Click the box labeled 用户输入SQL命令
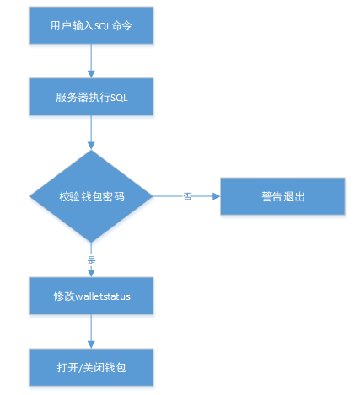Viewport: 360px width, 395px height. pyautogui.click(x=91, y=25)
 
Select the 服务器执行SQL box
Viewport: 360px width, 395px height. pyautogui.click(x=91, y=97)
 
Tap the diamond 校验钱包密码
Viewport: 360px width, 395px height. pyautogui.click(x=91, y=196)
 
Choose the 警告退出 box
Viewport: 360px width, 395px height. pyautogui.click(x=282, y=196)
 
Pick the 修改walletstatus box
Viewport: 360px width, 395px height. pyautogui.click(x=91, y=296)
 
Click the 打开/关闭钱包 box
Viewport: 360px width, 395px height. pyautogui.click(x=91, y=367)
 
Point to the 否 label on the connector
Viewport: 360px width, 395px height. pyautogui.click(x=187, y=196)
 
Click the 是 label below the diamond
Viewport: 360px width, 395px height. pyautogui.click(x=91, y=260)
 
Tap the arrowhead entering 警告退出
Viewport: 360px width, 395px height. pyautogui.click(x=217, y=196)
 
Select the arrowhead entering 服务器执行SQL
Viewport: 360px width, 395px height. pyautogui.click(x=91, y=74)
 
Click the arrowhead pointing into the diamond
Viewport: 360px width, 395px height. pyautogui.click(x=91, y=146)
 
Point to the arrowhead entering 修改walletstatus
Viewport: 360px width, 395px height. pyautogui.click(x=91, y=273)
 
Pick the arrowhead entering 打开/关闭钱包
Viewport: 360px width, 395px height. pyautogui.click(x=91, y=344)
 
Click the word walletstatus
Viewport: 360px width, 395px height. pyautogui.click(x=103, y=296)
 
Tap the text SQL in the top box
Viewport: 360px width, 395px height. pyautogui.click(x=102, y=26)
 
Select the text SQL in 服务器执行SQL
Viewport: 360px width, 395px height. pyautogui.click(x=119, y=98)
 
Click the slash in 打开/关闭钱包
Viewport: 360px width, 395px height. pyautogui.click(x=80, y=368)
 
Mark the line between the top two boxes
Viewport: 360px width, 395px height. pyautogui.click(x=91, y=57)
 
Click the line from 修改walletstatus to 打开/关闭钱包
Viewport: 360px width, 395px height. pyautogui.click(x=91, y=328)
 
